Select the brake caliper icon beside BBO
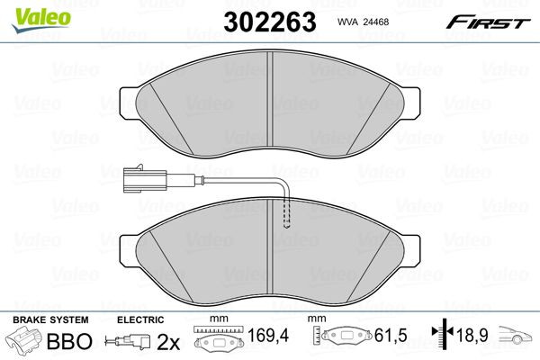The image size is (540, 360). [24, 341]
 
